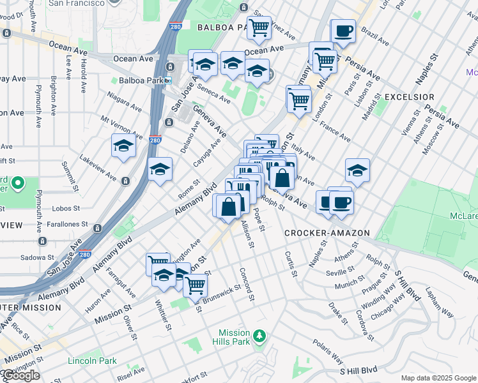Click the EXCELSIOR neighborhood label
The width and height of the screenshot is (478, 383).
tap(409, 97)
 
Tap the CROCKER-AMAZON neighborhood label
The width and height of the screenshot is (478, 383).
tap(327, 233)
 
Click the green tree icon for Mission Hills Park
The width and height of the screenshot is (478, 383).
tap(259, 335)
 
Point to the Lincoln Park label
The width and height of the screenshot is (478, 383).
tap(92, 361)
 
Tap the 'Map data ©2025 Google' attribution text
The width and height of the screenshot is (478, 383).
tap(438, 378)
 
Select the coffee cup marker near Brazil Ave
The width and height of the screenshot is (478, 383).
tap(343, 31)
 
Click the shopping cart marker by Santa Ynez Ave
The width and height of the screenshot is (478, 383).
tap(259, 27)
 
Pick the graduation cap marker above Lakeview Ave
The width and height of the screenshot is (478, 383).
tap(123, 146)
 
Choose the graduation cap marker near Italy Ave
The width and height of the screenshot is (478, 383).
tap(357, 170)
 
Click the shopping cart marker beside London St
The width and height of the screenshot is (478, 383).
tap(298, 99)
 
